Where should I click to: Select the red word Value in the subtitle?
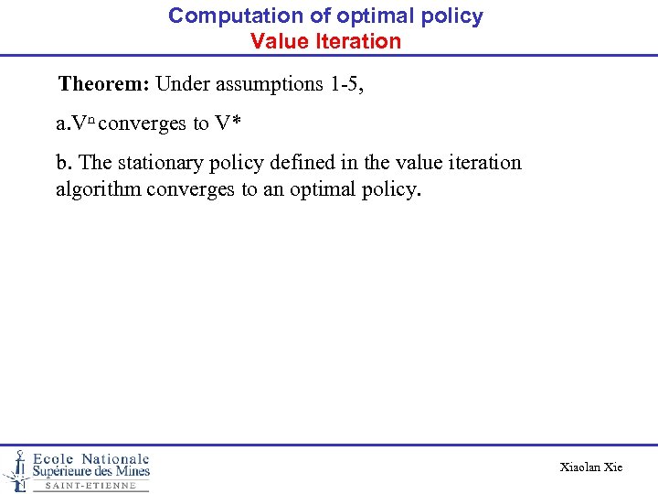(x=277, y=41)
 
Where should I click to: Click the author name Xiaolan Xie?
(x=590, y=467)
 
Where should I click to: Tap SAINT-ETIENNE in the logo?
(x=90, y=486)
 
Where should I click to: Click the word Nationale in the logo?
(x=115, y=458)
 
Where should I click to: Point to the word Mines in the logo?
(x=130, y=471)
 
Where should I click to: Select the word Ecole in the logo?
(x=55, y=458)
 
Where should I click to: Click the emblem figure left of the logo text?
(x=16, y=468)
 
